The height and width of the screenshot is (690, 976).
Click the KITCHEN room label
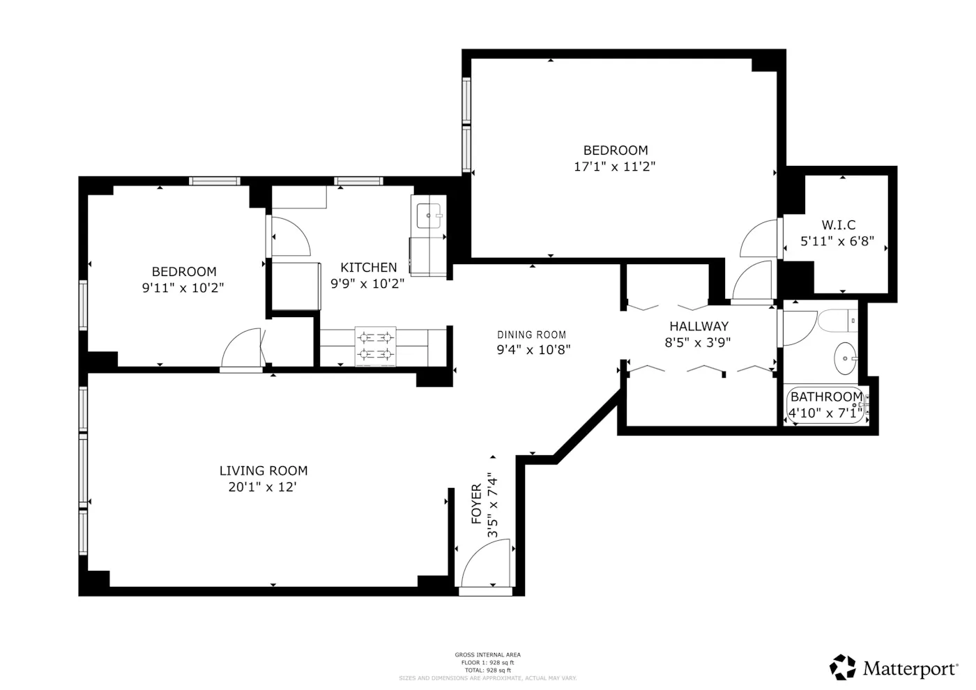coord(368,267)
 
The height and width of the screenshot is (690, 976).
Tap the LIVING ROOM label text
coord(264,470)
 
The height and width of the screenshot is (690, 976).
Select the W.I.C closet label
coord(838,225)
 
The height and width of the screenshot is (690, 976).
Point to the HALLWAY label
coord(699,325)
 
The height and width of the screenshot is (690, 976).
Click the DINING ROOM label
coord(531,335)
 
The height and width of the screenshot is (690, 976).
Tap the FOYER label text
coord(477,504)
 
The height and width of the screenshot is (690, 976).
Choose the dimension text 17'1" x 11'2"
coord(615,167)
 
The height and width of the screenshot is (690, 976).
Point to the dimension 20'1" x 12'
coord(263,487)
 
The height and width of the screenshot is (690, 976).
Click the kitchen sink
coord(429,215)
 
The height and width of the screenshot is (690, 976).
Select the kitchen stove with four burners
coord(375,346)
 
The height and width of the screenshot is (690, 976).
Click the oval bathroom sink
coord(846,359)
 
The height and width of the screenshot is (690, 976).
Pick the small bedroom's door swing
coord(241,348)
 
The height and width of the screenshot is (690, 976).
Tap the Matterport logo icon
coord(842,668)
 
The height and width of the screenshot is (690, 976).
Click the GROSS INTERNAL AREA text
coord(487,654)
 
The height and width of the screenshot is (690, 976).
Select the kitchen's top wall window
coord(358,181)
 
